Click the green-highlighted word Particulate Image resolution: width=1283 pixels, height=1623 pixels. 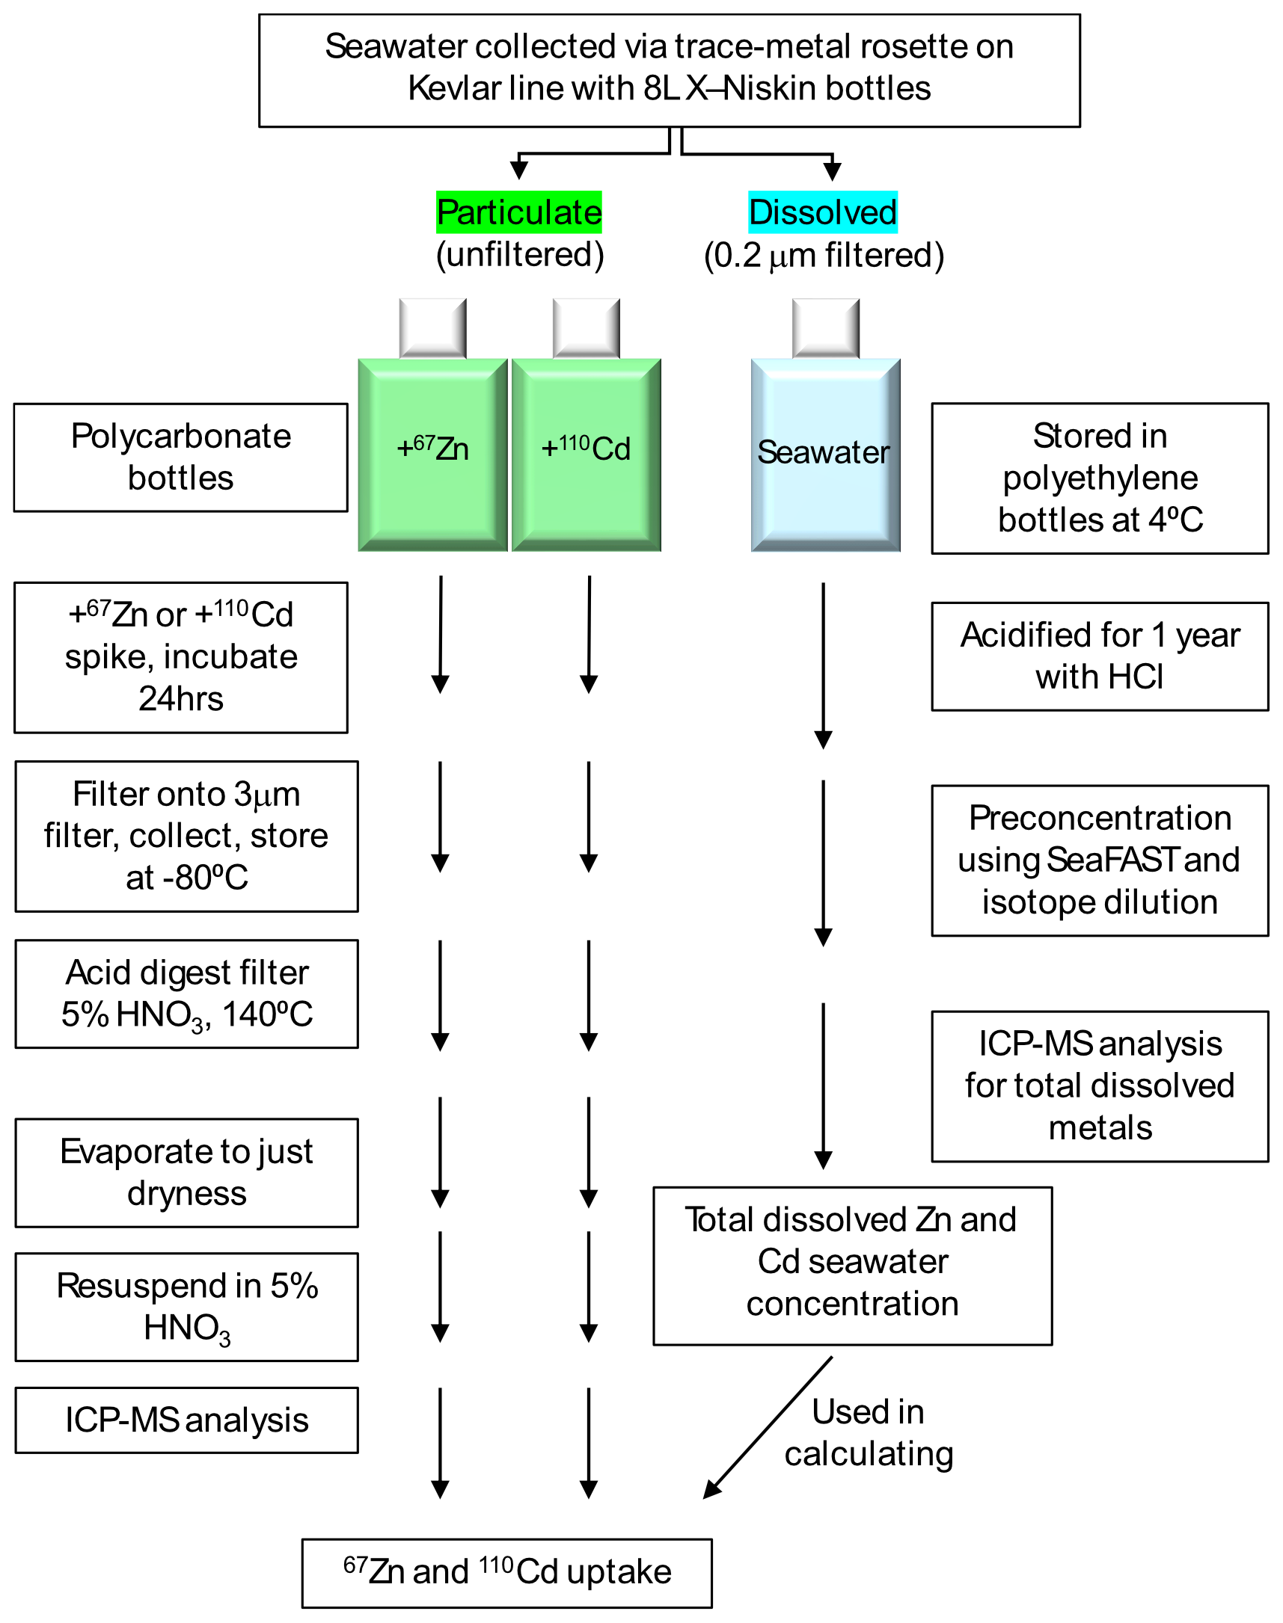tap(519, 212)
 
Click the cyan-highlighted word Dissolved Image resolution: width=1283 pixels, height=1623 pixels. tap(822, 212)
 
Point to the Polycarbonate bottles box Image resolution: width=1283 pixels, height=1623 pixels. tap(180, 458)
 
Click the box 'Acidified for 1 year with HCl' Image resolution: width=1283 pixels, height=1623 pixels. tap(1099, 656)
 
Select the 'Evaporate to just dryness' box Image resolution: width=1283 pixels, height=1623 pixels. tap(186, 1173)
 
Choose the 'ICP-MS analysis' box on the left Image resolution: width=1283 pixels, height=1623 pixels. tap(186, 1420)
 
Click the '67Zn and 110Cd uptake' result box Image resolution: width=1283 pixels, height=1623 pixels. tap(506, 1573)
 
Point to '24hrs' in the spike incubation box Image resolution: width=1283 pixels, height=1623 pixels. tap(181, 699)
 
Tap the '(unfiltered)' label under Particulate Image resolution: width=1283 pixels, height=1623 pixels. tap(520, 255)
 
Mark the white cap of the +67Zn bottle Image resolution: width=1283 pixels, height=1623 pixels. tap(432, 328)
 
